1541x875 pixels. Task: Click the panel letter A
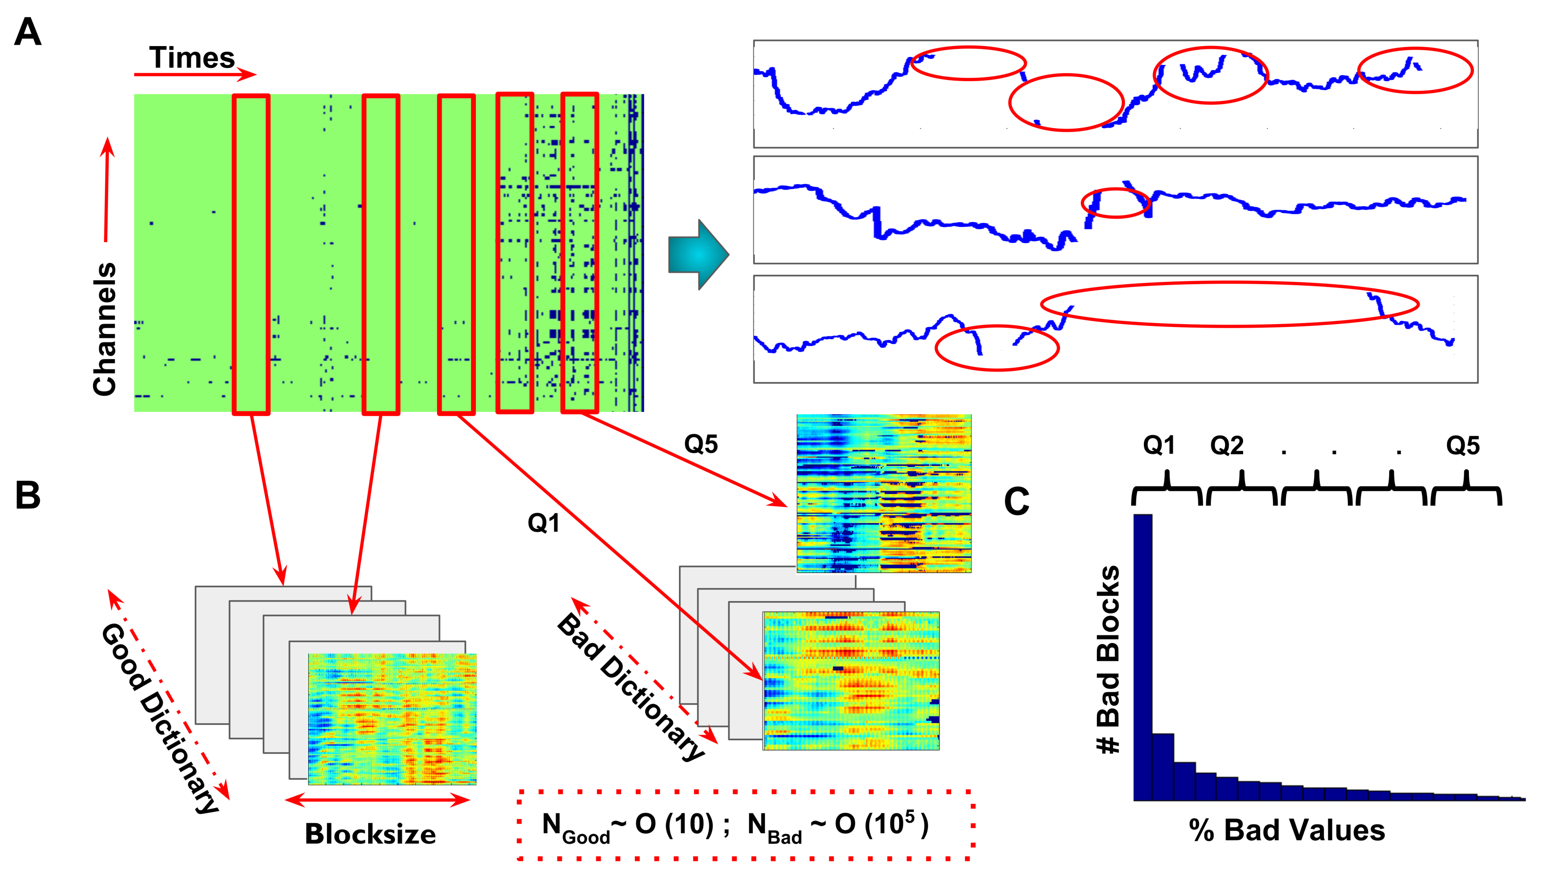(28, 32)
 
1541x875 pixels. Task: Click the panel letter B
(28, 496)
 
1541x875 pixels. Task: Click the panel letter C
(1017, 502)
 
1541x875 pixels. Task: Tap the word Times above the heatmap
(192, 58)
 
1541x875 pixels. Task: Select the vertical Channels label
(104, 329)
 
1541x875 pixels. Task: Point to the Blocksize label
(370, 834)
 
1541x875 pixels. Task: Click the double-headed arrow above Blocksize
(377, 800)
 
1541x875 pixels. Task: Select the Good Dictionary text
(160, 718)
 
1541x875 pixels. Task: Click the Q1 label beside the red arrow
(543, 523)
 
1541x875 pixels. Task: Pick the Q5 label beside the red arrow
(700, 445)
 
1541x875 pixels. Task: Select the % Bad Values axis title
(1287, 830)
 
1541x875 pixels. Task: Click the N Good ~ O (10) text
(627, 826)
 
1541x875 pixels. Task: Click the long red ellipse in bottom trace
(1229, 304)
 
